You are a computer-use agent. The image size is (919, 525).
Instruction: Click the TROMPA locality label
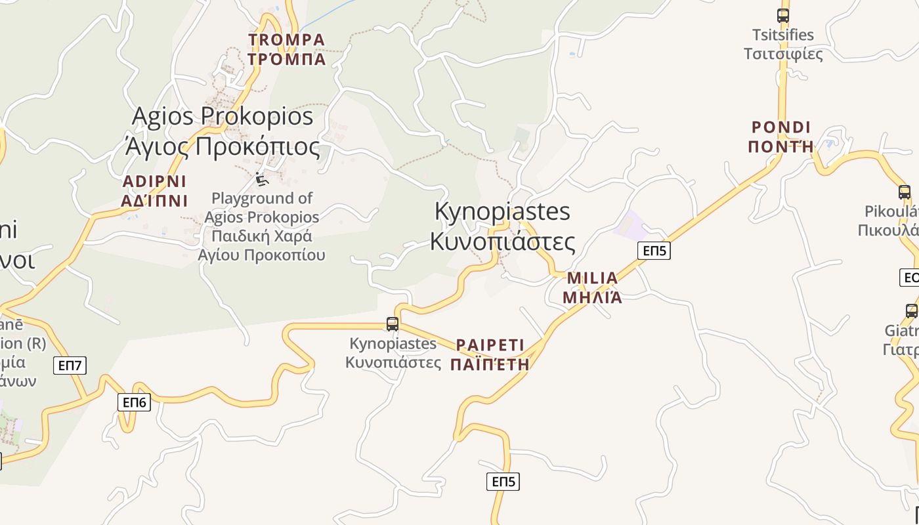(286, 40)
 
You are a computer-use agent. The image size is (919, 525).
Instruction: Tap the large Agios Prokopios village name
(223, 117)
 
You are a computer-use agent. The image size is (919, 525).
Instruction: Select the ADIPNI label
(154, 182)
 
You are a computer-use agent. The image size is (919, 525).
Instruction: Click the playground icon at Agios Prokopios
(262, 179)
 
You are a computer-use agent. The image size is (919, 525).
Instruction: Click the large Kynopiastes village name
(502, 211)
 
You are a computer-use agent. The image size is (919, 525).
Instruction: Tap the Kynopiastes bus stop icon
(393, 324)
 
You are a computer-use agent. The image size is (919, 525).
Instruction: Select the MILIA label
(592, 278)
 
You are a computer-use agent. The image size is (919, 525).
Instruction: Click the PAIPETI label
(490, 345)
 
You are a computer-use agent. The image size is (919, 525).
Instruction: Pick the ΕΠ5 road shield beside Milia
(654, 250)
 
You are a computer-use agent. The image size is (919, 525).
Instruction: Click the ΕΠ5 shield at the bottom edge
(503, 482)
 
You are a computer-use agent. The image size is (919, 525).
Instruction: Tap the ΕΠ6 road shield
(134, 402)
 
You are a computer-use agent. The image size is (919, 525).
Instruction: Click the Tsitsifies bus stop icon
(782, 16)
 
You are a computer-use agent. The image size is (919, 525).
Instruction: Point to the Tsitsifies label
(782, 35)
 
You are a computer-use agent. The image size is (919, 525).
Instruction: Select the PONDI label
(780, 127)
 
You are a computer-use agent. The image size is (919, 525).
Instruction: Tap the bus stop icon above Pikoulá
(905, 192)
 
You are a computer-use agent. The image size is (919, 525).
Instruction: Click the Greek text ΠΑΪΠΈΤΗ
(490, 364)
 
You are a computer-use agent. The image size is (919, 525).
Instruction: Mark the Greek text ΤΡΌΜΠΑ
(286, 59)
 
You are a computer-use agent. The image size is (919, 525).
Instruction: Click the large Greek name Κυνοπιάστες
(502, 241)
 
